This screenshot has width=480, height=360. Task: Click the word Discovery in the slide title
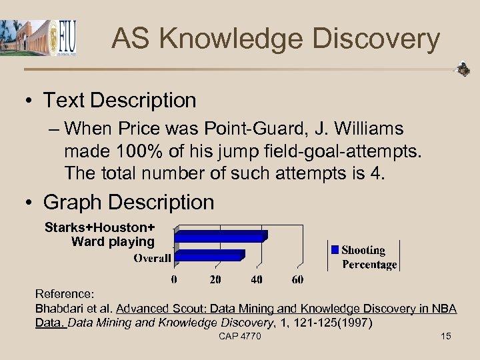pyautogui.click(x=379, y=39)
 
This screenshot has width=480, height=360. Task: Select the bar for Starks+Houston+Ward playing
pyautogui.click(x=221, y=235)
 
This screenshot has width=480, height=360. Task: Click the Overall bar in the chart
pyautogui.click(x=210, y=255)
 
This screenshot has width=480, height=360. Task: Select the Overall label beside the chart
pyautogui.click(x=152, y=258)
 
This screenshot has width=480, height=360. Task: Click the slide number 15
pyautogui.click(x=446, y=336)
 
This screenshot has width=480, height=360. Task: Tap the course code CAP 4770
pyautogui.click(x=240, y=336)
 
